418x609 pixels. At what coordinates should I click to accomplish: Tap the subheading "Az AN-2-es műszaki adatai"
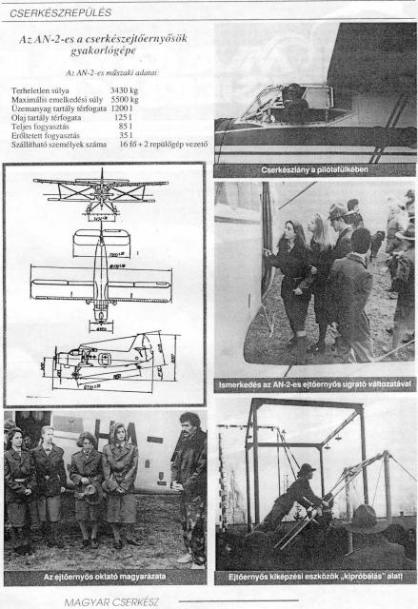tap(105, 72)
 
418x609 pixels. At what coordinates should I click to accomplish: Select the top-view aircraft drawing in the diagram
tap(101, 276)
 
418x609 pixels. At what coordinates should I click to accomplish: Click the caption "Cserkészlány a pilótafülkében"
tap(315, 169)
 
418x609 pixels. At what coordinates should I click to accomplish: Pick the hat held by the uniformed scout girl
tap(87, 491)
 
